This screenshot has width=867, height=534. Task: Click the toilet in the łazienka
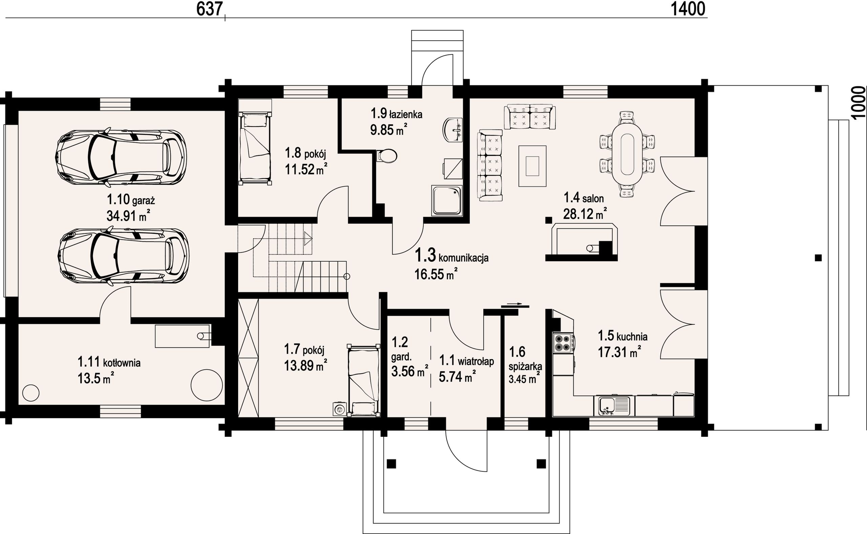[x=387, y=156]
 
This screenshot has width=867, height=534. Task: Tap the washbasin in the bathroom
[x=452, y=130]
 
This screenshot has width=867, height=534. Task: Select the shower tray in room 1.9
[x=447, y=200]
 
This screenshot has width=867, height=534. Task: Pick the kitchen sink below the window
[x=614, y=406]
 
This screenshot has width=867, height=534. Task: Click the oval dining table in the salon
[x=627, y=154]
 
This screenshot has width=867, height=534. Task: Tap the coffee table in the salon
[x=532, y=166]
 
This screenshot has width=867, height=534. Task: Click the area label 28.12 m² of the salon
[x=585, y=214]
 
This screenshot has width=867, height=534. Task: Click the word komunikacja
[x=464, y=258]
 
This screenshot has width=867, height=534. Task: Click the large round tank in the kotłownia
[x=207, y=385]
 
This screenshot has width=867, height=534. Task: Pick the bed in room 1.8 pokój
[x=255, y=142]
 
